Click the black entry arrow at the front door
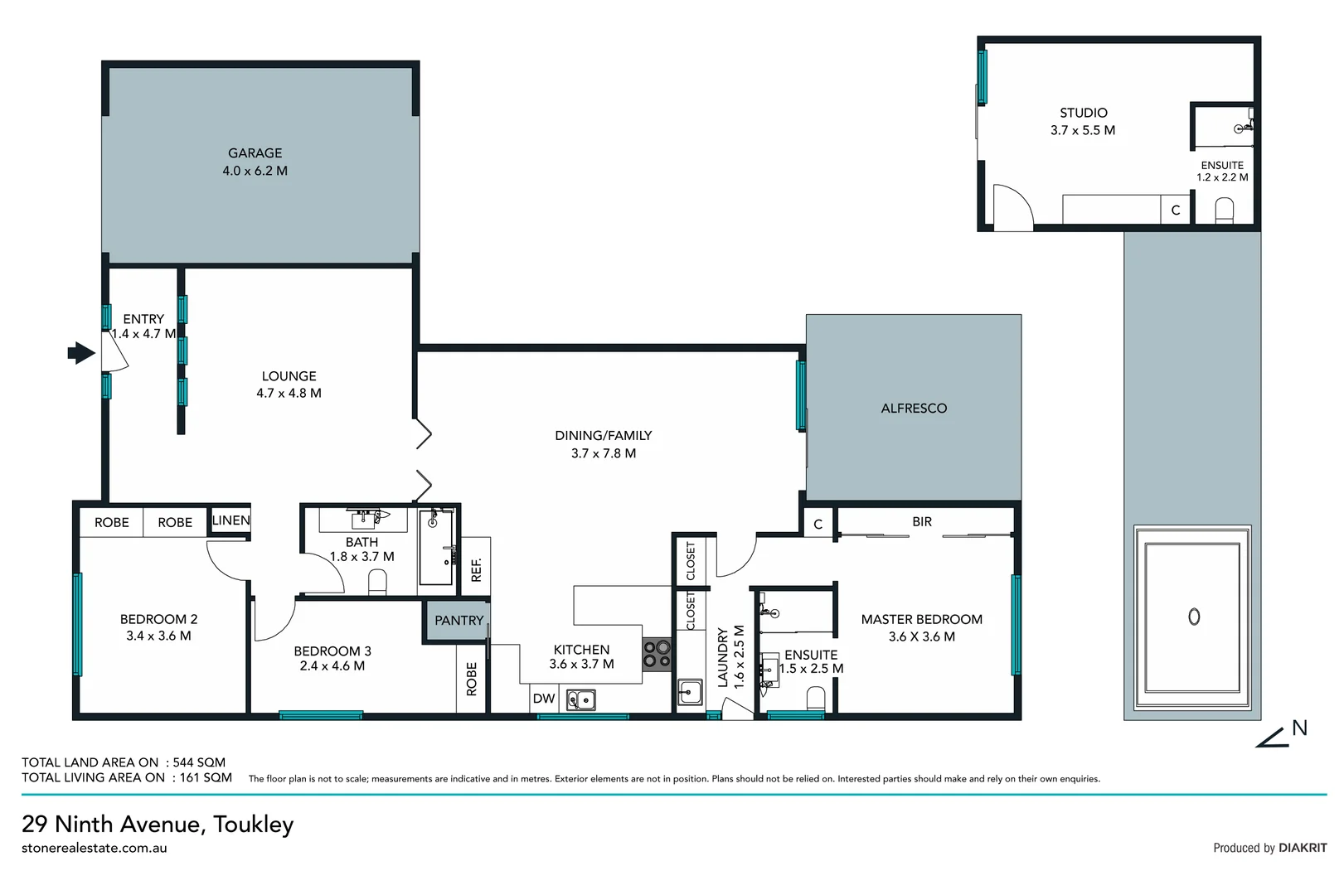tap(80, 353)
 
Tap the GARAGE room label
tap(255, 153)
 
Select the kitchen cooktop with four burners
tap(657, 654)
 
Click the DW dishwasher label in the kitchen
tap(544, 699)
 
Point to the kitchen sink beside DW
tap(581, 700)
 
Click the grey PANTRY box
tap(458, 620)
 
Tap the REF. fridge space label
tap(476, 569)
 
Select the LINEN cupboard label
tap(230, 520)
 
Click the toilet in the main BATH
tap(377, 582)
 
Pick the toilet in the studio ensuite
tap(1225, 210)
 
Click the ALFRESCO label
tap(914, 408)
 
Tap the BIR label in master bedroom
tap(922, 521)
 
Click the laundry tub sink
tap(690, 691)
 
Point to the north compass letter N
tap(1299, 728)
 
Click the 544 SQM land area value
tap(199, 762)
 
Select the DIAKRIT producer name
tap(1303, 848)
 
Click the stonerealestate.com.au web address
tap(95, 848)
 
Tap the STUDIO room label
tap(1083, 113)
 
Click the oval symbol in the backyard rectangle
tap(1194, 617)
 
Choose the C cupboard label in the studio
tap(1175, 210)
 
